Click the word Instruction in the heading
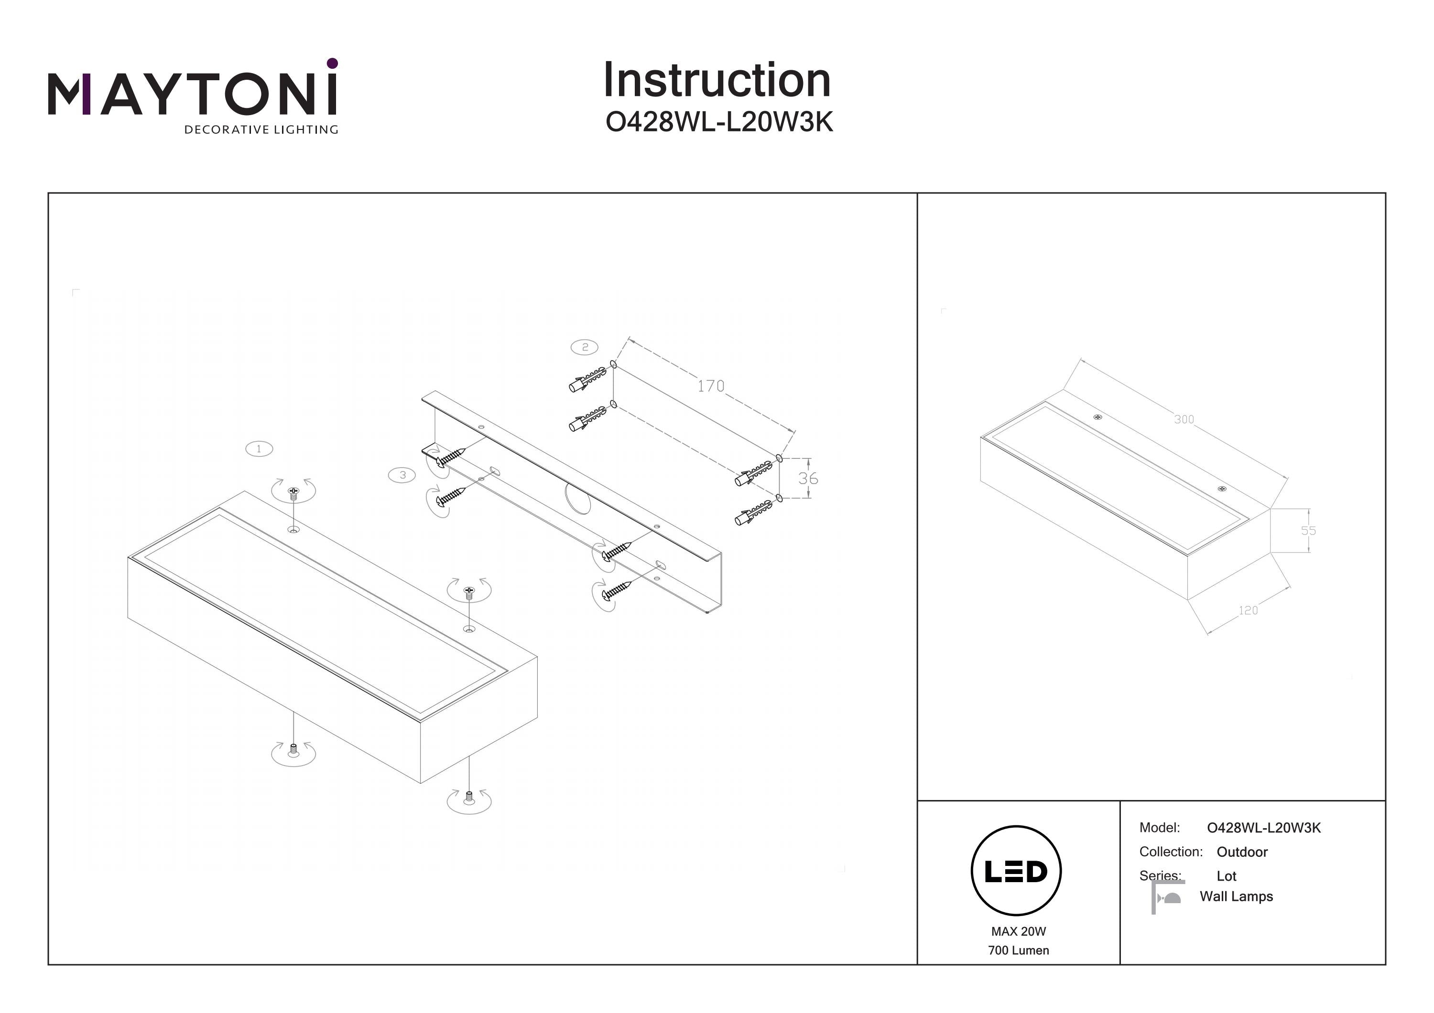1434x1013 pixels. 717,81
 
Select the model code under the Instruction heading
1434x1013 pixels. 719,122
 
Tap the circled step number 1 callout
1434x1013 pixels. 259,449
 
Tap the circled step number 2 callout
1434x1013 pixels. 585,347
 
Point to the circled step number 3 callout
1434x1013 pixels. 402,475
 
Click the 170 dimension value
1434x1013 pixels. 711,386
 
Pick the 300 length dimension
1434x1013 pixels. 1184,419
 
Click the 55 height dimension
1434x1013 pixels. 1308,531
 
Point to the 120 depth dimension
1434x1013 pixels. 1248,610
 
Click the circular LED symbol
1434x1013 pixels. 1016,871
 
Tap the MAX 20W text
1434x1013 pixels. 1018,931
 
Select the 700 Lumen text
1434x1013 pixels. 1018,950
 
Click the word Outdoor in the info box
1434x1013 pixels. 1242,852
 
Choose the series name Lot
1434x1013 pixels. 1226,876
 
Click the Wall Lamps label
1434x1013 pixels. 1236,896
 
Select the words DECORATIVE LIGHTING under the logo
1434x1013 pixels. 261,130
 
